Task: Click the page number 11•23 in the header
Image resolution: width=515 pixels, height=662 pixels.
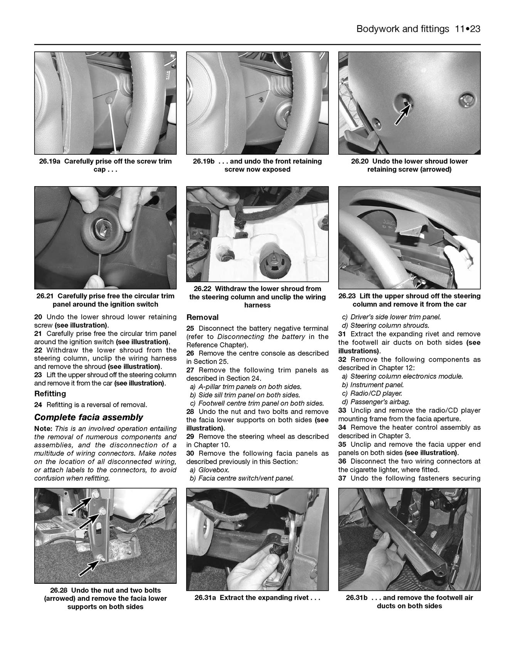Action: coord(467,29)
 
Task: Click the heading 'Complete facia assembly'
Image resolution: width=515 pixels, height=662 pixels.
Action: coord(88,417)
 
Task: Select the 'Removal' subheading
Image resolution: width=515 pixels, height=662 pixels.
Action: coord(202,317)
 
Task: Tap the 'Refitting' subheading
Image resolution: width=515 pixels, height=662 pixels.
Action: coord(50,394)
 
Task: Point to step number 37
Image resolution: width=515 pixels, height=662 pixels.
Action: coord(343,478)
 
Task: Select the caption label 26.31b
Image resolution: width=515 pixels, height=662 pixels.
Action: coord(357,598)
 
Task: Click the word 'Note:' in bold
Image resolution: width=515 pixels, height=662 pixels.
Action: coord(44,428)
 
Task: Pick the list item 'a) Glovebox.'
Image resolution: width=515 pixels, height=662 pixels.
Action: coord(209,470)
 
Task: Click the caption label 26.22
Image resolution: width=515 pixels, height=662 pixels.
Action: coord(203,288)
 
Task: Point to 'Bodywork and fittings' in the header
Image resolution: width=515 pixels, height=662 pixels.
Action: coord(403,29)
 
